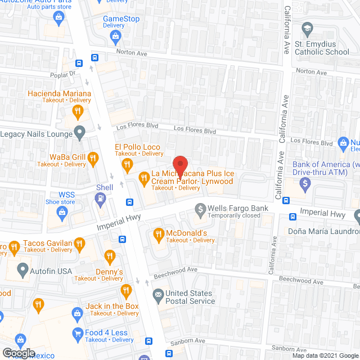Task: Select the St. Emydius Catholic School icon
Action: pyautogui.click(x=307, y=29)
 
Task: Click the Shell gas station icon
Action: pyautogui.click(x=101, y=197)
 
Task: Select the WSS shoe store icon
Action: pyautogui.click(x=61, y=212)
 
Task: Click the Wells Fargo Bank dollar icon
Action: pyautogui.click(x=200, y=209)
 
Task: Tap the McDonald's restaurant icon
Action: pyautogui.click(x=159, y=233)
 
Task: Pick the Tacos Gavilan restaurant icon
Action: pyautogui.click(x=80, y=244)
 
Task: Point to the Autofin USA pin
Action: pyautogui.click(x=23, y=270)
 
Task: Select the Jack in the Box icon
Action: pyautogui.click(x=125, y=291)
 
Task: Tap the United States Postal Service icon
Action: pyautogui.click(x=158, y=294)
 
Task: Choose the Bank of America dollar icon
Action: pyautogui.click(x=305, y=183)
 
